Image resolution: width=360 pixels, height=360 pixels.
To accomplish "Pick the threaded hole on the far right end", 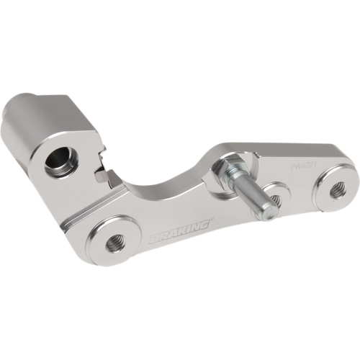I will pos(337,189).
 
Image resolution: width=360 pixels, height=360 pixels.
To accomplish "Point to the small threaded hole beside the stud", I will pos(276,199).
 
